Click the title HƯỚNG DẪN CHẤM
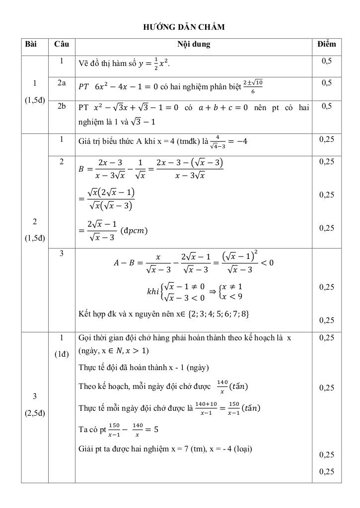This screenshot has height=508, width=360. click(184, 27)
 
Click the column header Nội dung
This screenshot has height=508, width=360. click(194, 44)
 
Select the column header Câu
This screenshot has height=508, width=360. click(62, 44)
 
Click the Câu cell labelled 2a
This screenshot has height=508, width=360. click(62, 83)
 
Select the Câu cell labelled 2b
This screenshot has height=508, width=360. click(62, 106)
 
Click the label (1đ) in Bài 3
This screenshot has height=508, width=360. click(62, 355)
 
